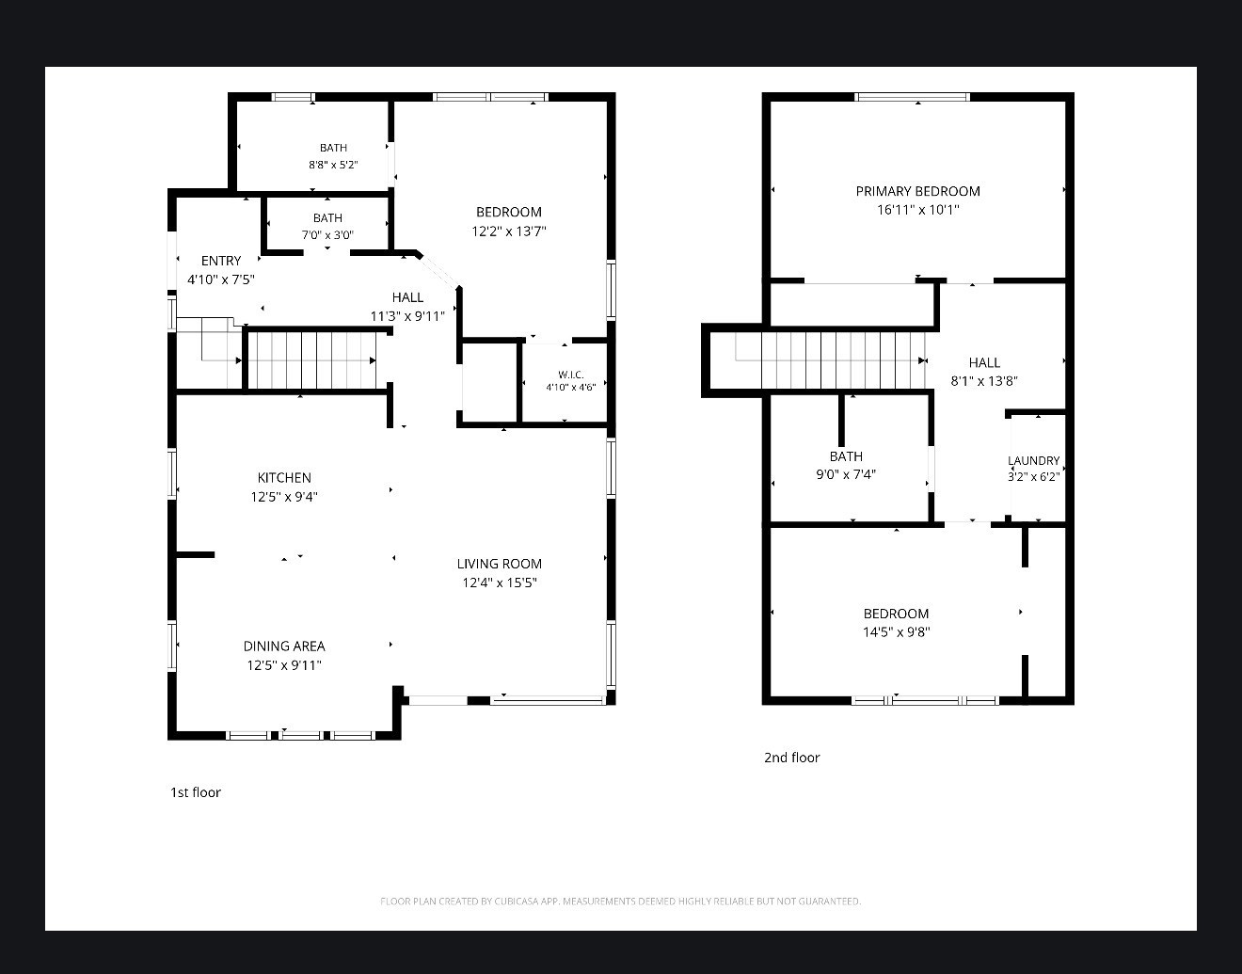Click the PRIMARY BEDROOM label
pyautogui.click(x=917, y=191)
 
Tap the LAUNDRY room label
pyautogui.click(x=1033, y=460)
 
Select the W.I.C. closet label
pyautogui.click(x=570, y=375)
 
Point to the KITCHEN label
pyautogui.click(x=284, y=478)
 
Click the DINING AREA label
pyautogui.click(x=284, y=646)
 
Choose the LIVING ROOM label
pyautogui.click(x=499, y=564)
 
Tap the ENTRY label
pyautogui.click(x=221, y=261)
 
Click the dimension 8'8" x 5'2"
pyautogui.click(x=333, y=165)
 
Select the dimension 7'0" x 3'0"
pyautogui.click(x=327, y=235)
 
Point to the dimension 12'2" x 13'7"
pyautogui.click(x=509, y=231)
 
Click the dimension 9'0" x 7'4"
pyautogui.click(x=846, y=474)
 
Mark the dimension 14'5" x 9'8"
pyautogui.click(x=896, y=631)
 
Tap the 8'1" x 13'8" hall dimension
pyautogui.click(x=984, y=381)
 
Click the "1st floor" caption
pyautogui.click(x=196, y=792)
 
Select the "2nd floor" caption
pyautogui.click(x=791, y=758)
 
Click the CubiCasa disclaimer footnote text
pyautogui.click(x=621, y=901)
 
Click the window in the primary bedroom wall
pyautogui.click(x=912, y=97)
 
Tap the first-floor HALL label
pyautogui.click(x=407, y=297)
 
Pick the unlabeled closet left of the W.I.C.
pyautogui.click(x=489, y=383)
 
